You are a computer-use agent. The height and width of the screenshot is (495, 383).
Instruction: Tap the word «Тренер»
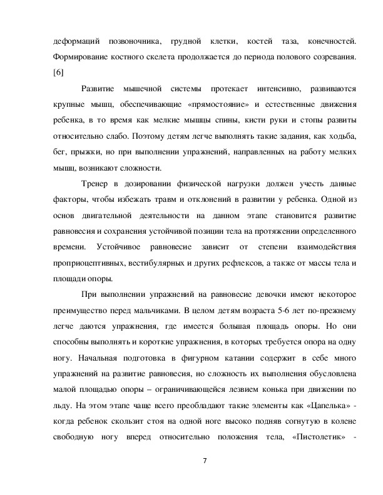coord(95,183)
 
